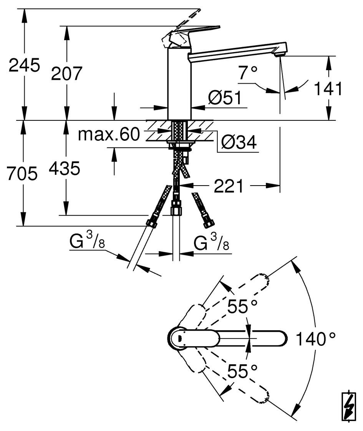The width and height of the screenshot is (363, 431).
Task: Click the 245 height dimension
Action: (x=24, y=66)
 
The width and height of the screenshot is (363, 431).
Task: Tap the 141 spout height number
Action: (x=327, y=89)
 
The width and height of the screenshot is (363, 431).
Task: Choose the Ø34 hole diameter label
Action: (x=239, y=143)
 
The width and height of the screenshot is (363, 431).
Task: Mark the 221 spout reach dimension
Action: (x=229, y=187)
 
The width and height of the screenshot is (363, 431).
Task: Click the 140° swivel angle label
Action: (x=315, y=339)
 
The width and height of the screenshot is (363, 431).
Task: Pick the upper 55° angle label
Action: (x=242, y=306)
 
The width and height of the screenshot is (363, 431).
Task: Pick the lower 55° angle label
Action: (x=242, y=371)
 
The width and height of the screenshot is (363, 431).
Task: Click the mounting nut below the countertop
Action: (x=180, y=145)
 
